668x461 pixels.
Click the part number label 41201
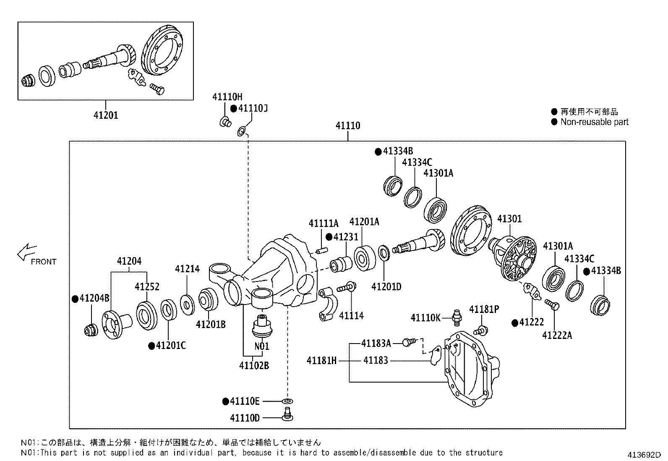(x=106, y=115)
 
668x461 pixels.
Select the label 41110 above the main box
(x=347, y=125)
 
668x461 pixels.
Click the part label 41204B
(x=94, y=298)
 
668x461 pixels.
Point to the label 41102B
(x=254, y=365)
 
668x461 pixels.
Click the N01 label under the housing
(x=261, y=346)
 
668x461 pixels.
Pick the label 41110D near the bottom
(x=245, y=418)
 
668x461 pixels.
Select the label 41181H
(x=321, y=360)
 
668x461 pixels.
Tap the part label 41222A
(x=557, y=335)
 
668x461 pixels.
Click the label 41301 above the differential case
(x=509, y=219)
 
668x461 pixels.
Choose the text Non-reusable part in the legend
(x=594, y=122)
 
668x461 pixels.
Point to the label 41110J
(x=253, y=108)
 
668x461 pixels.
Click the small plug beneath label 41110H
(x=225, y=122)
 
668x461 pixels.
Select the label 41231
(x=346, y=237)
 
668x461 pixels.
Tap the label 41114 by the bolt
(x=351, y=315)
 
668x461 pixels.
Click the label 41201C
(x=170, y=345)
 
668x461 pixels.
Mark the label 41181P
(x=484, y=309)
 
